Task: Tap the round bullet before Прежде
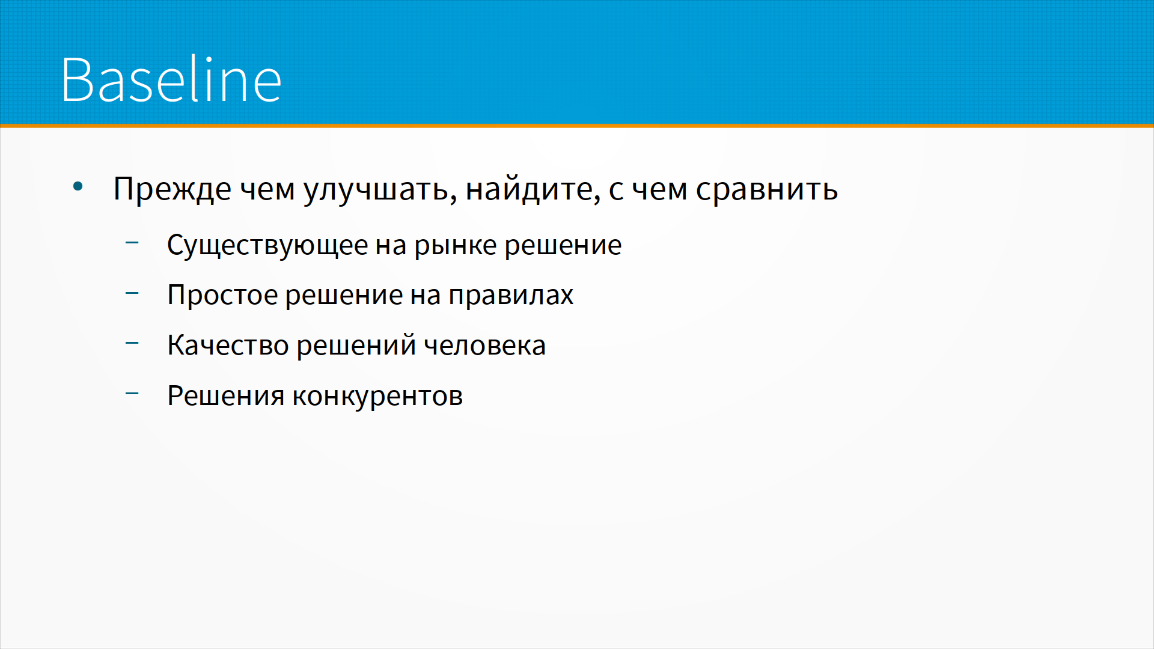pos(78,187)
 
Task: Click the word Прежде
pos(172,190)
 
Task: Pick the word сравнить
pos(767,190)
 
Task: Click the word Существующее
pos(267,245)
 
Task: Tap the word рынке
pos(456,245)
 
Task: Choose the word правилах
pos(511,295)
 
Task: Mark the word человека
pos(484,346)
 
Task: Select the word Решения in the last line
pos(225,396)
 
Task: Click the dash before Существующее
pos(132,243)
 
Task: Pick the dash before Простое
pos(132,293)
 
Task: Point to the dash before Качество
pos(132,343)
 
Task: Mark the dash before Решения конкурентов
pos(132,394)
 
